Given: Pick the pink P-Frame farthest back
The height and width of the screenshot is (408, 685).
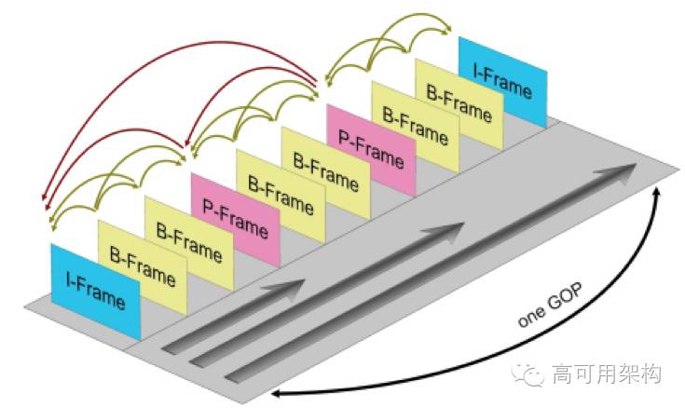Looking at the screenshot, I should pyautogui.click(x=371, y=149).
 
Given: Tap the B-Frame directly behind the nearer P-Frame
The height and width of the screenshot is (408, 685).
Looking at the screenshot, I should pyautogui.click(x=281, y=195).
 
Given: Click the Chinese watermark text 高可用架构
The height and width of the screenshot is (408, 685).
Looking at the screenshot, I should pyautogui.click(x=606, y=374).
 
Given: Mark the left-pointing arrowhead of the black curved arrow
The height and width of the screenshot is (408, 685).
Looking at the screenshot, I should pyautogui.click(x=278, y=397).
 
